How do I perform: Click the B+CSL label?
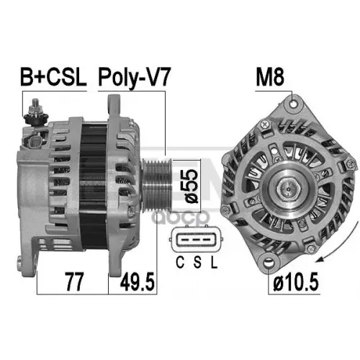coord(53,77)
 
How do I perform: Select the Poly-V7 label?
coord(135,77)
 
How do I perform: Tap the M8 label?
coord(270,77)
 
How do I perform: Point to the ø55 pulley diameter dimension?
coord(192,186)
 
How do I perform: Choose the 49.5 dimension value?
coord(138,282)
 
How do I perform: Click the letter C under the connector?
coord(180,262)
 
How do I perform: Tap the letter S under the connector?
coord(197,262)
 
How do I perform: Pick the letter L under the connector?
coord(214,262)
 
